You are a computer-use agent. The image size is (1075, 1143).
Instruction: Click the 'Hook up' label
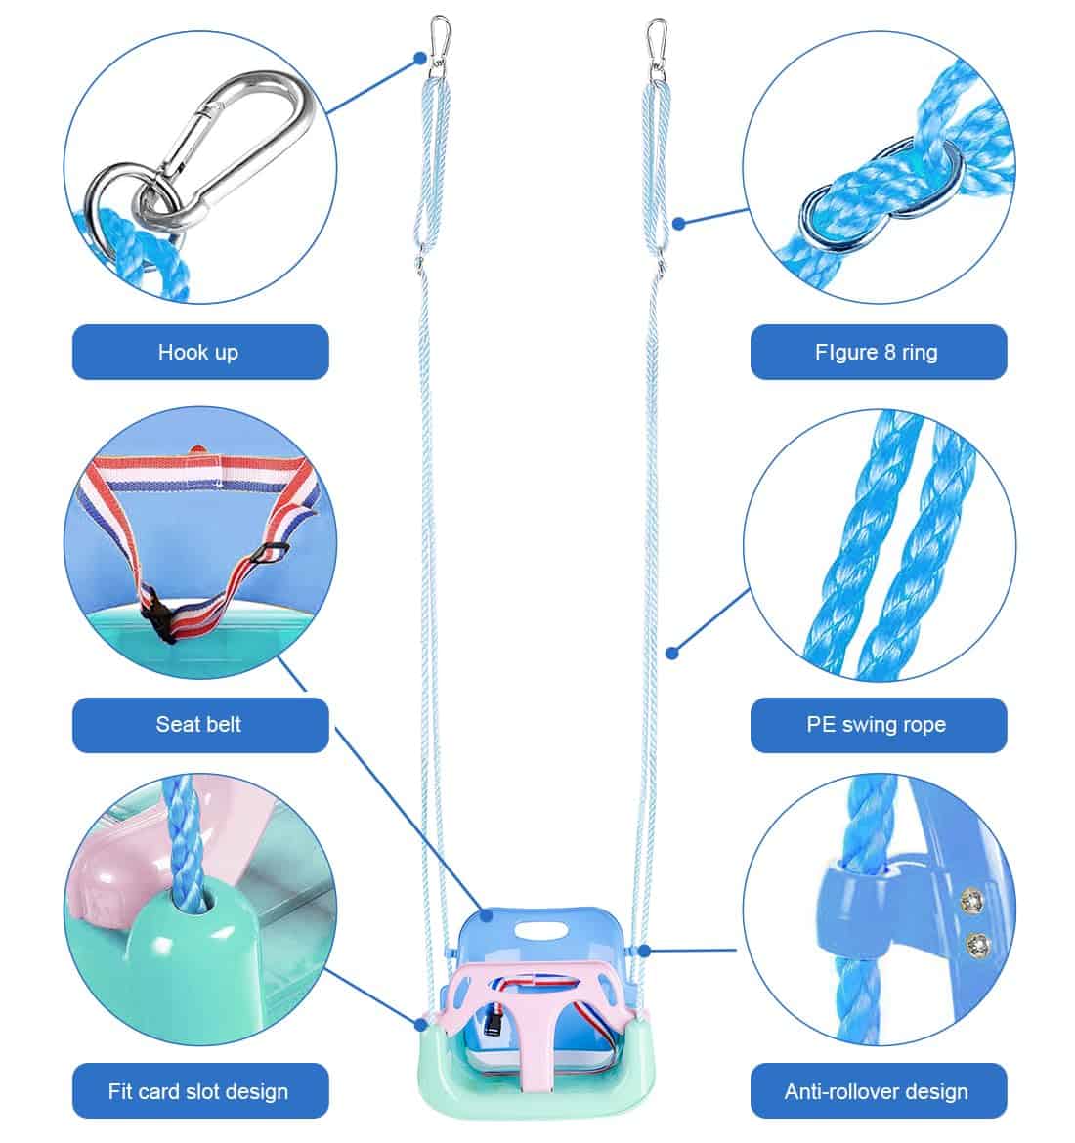(x=199, y=352)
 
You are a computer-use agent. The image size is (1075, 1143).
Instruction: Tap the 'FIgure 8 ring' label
(x=877, y=352)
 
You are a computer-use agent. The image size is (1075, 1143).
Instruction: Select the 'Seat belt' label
(x=199, y=725)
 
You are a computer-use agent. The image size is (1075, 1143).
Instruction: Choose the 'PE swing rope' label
(x=877, y=725)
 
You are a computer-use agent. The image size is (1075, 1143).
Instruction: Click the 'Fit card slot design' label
(x=199, y=1091)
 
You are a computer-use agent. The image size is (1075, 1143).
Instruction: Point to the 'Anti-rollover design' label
(x=877, y=1091)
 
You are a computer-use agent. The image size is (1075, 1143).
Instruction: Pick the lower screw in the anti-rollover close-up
(x=973, y=943)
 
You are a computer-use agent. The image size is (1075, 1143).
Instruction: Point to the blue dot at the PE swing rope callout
(x=671, y=652)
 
